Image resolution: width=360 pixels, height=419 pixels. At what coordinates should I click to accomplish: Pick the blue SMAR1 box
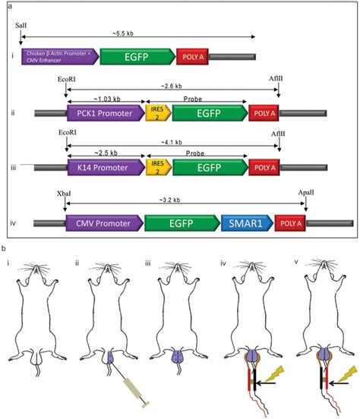(x=245, y=222)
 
